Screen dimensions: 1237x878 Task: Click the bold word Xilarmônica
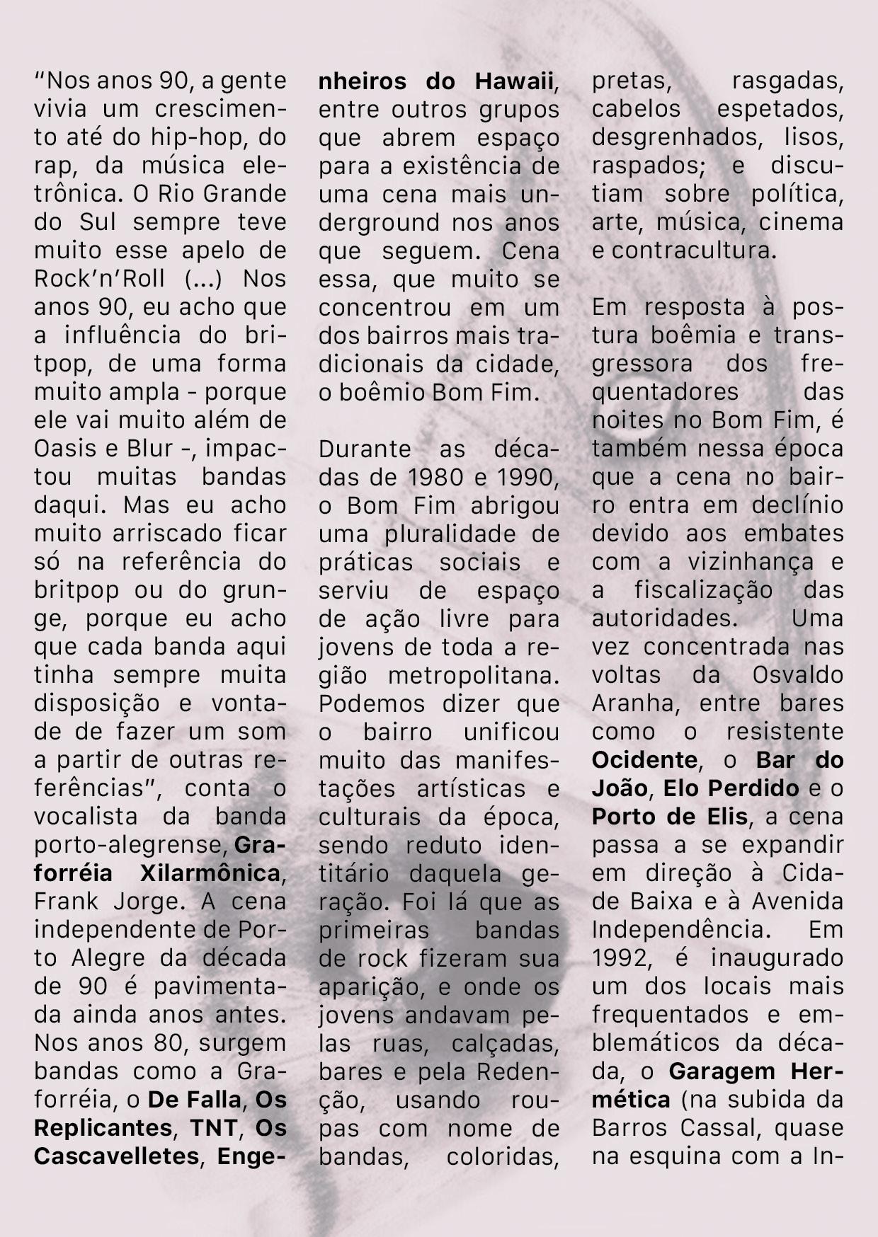[x=210, y=873]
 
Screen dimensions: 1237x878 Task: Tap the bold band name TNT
[x=213, y=1128]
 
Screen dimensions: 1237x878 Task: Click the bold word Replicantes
[x=103, y=1128]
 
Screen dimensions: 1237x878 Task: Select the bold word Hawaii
[x=513, y=81]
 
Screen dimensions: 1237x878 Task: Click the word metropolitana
[x=474, y=675]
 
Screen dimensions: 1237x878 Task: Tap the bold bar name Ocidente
[x=644, y=760]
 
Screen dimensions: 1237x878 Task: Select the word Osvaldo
[x=797, y=675]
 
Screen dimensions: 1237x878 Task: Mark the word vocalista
[x=86, y=817]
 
